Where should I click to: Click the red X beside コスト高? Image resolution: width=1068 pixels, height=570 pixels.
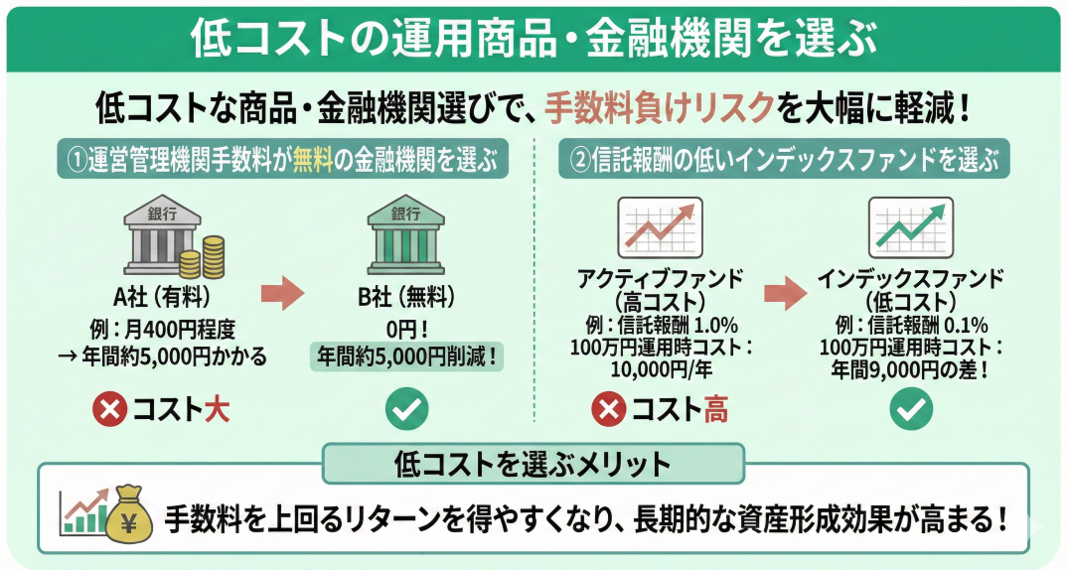click(x=609, y=409)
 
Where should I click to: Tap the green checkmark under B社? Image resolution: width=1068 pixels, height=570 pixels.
click(x=406, y=409)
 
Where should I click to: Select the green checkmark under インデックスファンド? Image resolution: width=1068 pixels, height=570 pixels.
click(x=910, y=409)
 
